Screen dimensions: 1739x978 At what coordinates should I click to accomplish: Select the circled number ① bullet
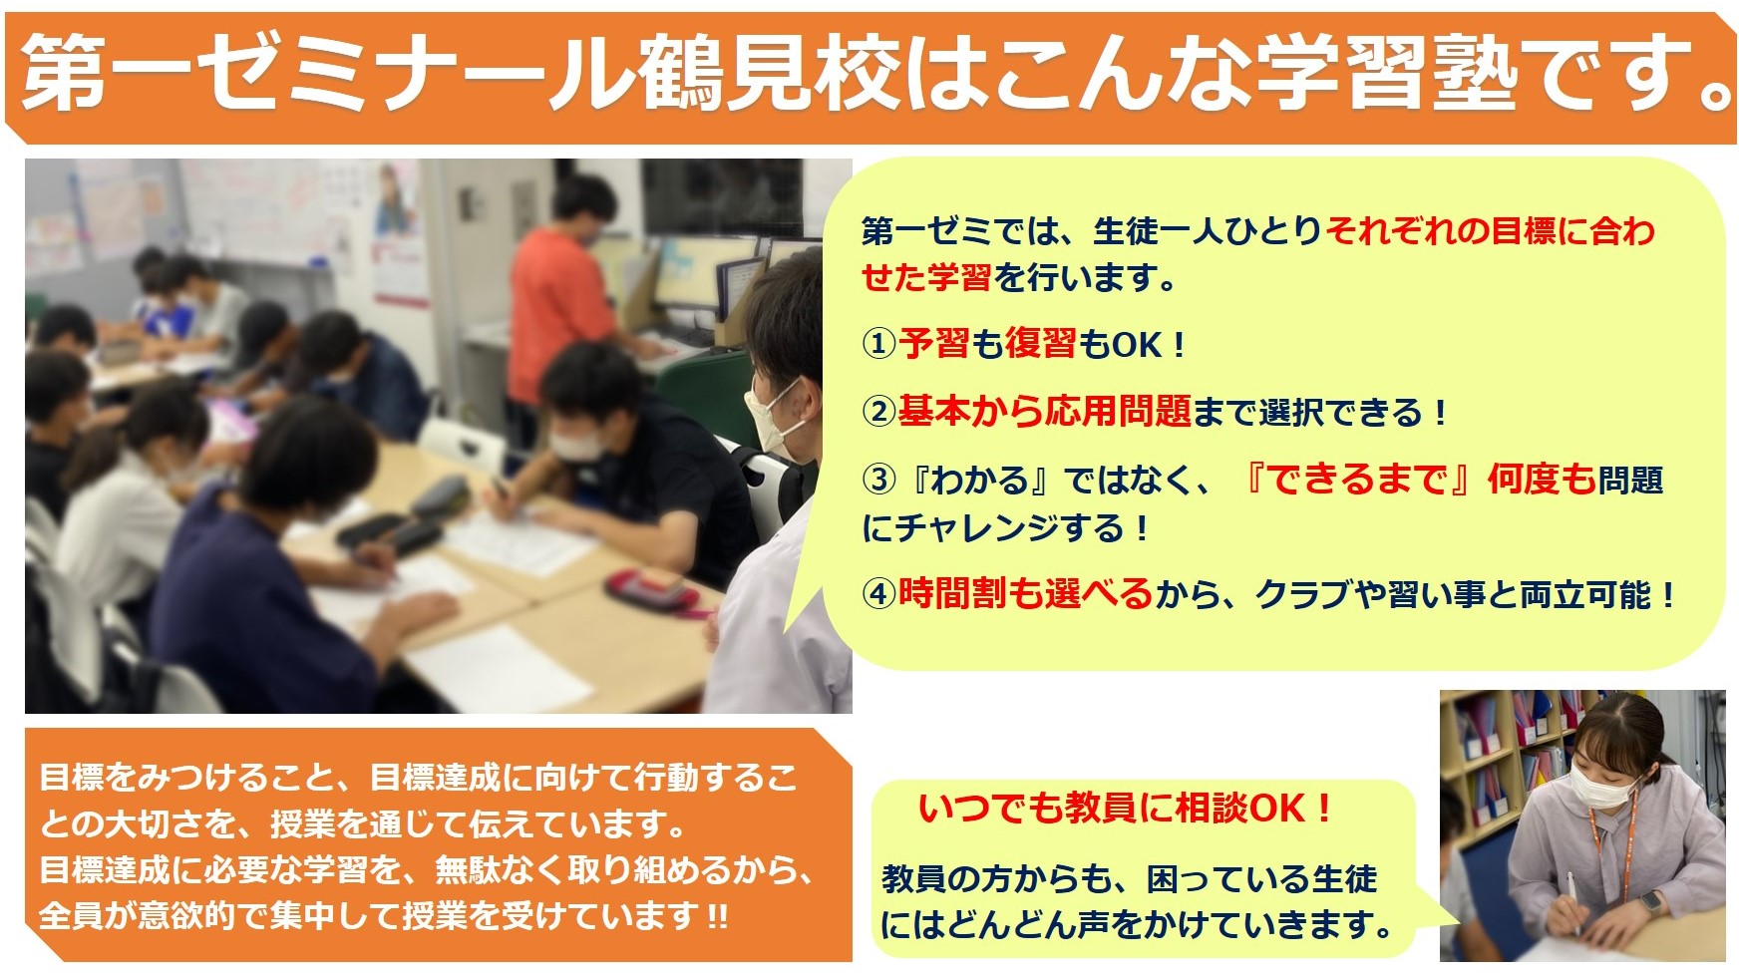[x=879, y=345]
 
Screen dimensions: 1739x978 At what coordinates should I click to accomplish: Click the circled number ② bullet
[x=879, y=412]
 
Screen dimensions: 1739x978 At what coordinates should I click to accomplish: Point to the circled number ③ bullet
[x=879, y=480]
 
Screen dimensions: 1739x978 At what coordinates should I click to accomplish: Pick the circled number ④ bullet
[x=879, y=594]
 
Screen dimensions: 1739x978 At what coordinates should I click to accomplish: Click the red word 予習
[x=934, y=344]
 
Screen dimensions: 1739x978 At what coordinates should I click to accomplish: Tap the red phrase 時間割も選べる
[x=1025, y=594]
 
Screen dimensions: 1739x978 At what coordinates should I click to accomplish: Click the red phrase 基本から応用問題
[x=1045, y=411]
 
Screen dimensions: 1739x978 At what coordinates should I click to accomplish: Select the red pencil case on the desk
[x=650, y=588]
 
